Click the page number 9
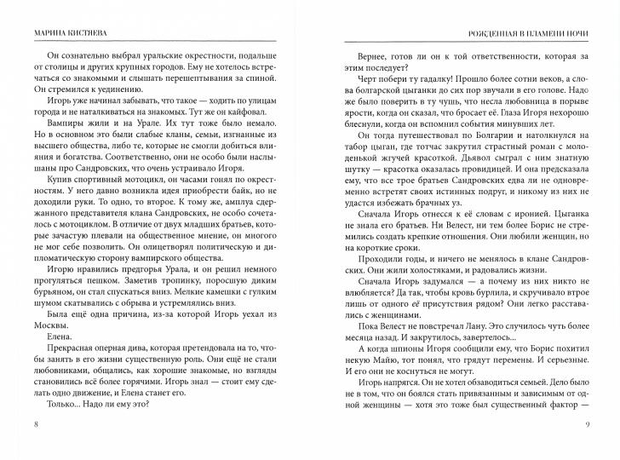[587, 425]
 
